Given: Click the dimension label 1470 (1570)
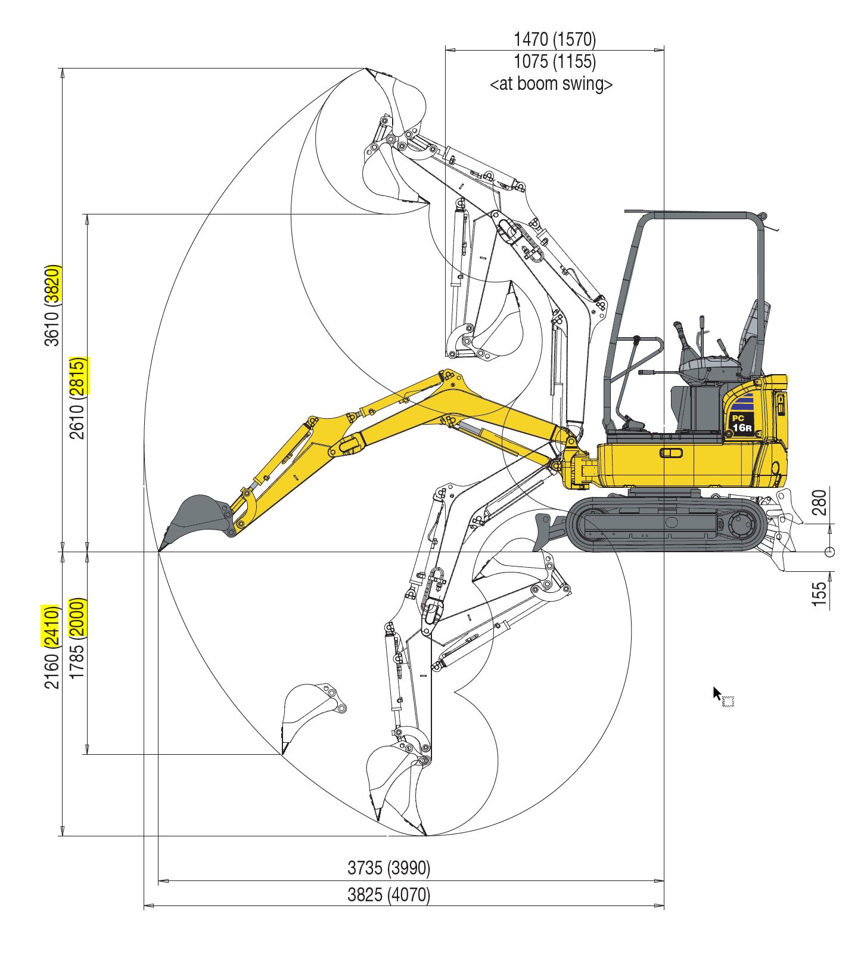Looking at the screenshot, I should click(554, 39).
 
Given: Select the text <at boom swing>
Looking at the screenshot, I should click(551, 84).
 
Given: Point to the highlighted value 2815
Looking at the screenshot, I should click(77, 376).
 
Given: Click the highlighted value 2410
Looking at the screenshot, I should click(52, 625).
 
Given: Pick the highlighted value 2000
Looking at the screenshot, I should click(77, 617).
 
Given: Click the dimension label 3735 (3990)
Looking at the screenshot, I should click(389, 868).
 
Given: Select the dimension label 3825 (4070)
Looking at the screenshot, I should click(389, 895).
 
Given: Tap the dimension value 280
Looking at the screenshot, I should click(820, 502).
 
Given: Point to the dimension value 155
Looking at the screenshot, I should click(820, 595).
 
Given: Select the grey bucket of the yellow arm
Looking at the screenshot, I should click(195, 517).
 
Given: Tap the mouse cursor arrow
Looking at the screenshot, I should click(717, 693).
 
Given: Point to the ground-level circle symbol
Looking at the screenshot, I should click(829, 552).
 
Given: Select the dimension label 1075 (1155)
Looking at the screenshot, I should click(554, 61).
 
